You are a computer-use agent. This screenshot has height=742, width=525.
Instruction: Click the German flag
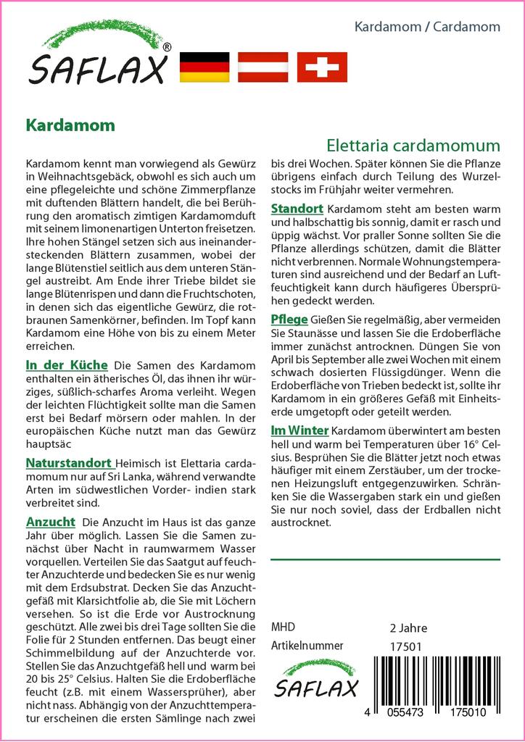[204, 67]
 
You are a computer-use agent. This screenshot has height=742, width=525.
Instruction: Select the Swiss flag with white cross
[322, 67]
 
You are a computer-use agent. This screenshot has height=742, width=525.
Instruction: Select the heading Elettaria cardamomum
[413, 144]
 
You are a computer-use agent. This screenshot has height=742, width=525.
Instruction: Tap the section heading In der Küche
[66, 364]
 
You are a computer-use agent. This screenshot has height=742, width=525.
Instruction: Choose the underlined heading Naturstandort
[69, 462]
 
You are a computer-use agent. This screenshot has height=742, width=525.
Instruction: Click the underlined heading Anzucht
[50, 522]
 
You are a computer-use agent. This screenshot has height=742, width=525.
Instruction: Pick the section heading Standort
[297, 209]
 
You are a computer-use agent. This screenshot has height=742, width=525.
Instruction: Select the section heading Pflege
[289, 320]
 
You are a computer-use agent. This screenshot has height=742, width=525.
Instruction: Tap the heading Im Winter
[299, 430]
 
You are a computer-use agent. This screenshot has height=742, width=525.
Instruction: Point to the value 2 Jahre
[408, 628]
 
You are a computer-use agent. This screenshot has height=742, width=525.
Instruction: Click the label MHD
[283, 628]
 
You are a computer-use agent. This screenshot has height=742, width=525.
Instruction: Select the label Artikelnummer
[307, 646]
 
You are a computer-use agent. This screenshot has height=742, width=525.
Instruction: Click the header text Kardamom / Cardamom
[427, 27]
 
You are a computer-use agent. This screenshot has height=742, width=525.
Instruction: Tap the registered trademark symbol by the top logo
[167, 48]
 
